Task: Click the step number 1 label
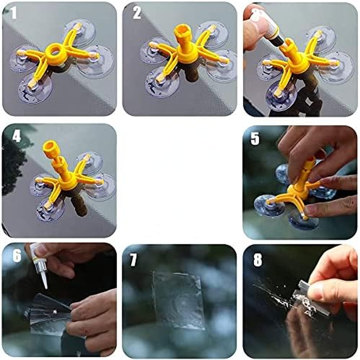(x=13, y=13)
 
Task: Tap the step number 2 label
(x=136, y=14)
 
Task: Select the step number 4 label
(x=16, y=136)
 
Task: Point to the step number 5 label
(x=255, y=138)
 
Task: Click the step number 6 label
(x=16, y=257)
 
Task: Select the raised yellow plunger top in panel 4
(x=49, y=147)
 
